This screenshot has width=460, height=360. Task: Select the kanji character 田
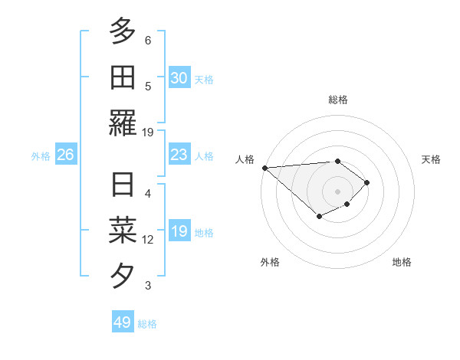coord(123,77)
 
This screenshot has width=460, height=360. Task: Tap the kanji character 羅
coord(123,123)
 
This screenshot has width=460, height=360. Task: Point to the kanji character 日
coord(123,185)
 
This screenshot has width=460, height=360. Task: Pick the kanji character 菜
coord(123,230)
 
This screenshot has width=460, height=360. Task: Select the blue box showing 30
coord(179,78)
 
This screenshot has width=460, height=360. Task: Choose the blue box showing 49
coord(122,322)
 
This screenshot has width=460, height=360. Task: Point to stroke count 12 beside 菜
coord(148,240)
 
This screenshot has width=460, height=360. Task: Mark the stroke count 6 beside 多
coord(148,40)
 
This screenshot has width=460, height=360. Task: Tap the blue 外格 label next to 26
coord(41,156)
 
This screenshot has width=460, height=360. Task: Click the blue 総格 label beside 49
coord(147,324)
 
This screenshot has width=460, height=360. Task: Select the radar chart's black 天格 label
coord(431,159)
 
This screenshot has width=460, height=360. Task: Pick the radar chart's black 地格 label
coord(402,262)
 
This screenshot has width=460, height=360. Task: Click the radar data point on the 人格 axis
coord(264,168)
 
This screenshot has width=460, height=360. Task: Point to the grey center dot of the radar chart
coord(337,191)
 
